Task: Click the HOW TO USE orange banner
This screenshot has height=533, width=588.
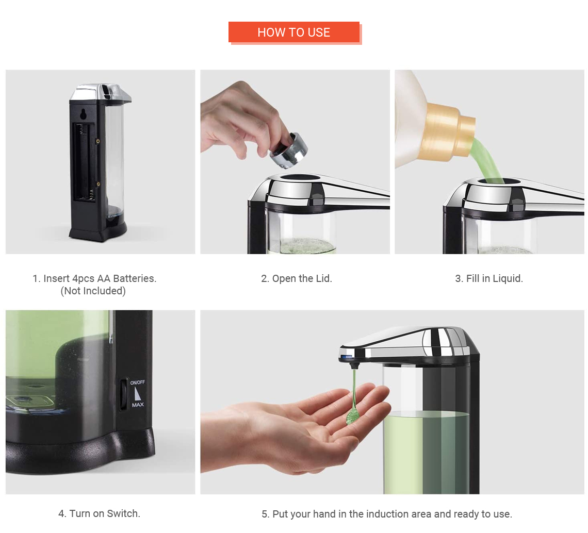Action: [x=293, y=32]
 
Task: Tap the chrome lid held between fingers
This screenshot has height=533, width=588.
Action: [x=288, y=151]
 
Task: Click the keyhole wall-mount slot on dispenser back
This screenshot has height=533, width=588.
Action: [x=83, y=113]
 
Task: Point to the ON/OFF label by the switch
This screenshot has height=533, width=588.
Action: [x=137, y=382]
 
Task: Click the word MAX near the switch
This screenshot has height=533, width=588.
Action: [x=138, y=405]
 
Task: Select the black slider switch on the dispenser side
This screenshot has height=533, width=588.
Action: [x=123, y=394]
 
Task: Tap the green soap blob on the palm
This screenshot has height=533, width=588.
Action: [x=352, y=415]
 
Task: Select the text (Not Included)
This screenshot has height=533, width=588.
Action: [x=93, y=291]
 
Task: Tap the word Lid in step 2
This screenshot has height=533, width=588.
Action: [x=323, y=278]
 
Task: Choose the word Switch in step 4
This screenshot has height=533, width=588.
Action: [x=123, y=513]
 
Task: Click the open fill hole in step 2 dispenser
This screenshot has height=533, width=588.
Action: [x=300, y=177]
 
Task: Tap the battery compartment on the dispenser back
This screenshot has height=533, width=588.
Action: [x=85, y=161]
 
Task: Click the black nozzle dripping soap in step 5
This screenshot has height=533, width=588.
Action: [x=353, y=364]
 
